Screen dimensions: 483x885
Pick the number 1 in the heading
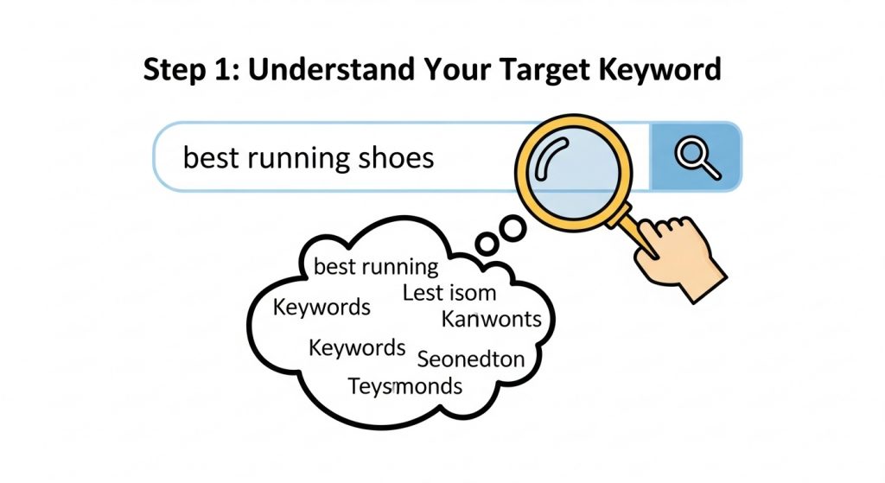pos(224,70)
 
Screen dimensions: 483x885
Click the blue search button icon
pos(696,157)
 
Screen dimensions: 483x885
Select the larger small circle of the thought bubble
pos(513,228)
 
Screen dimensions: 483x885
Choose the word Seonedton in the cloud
pos(470,358)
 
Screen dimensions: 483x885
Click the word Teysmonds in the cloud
pos(404,385)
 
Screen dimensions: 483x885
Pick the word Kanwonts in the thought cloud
pos(491,319)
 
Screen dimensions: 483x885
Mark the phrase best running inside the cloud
pos(376,266)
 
